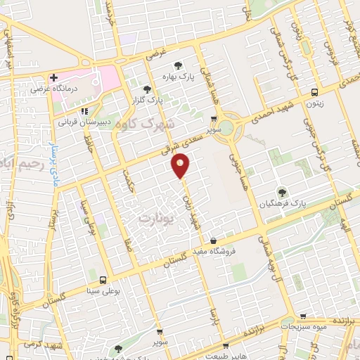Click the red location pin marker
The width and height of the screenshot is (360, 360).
[181, 166]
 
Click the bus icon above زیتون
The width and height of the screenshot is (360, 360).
[314, 91]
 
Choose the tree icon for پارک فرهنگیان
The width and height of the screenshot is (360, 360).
[282, 191]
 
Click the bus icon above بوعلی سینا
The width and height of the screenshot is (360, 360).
[103, 279]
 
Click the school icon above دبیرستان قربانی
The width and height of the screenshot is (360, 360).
[84, 110]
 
